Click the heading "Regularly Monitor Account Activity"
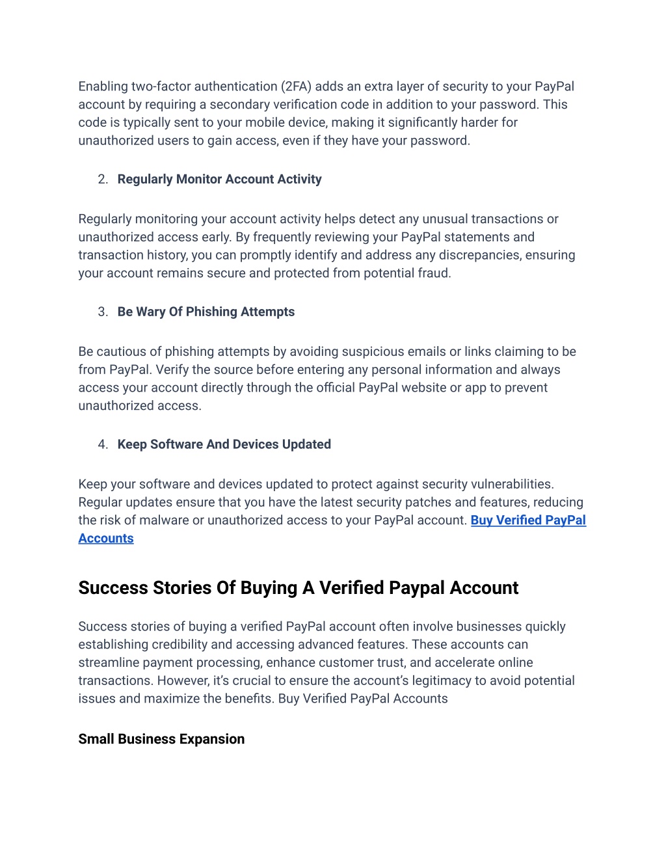219,180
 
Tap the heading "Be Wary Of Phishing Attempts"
206,312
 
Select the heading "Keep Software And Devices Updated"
224,445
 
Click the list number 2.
103,180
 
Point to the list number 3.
103,312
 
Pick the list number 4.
103,445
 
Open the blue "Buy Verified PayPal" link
528,520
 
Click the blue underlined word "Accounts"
106,539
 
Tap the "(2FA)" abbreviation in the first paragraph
296,87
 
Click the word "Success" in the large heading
113,588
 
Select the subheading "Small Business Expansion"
161,740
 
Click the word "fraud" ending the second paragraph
433,273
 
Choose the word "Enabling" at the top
103,87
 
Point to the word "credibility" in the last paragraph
178,645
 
